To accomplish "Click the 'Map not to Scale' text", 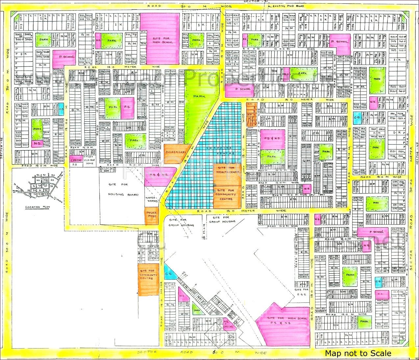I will tap(358, 353).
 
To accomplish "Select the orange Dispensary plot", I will tap(176, 152).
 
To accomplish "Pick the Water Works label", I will tap(152, 196).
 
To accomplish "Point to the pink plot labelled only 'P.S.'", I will tap(127, 108).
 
